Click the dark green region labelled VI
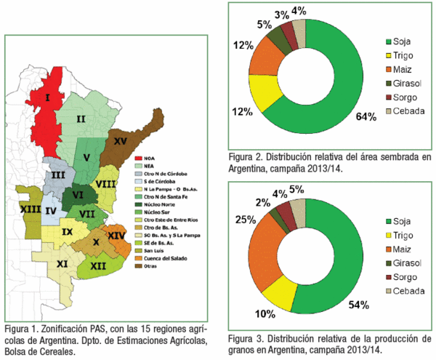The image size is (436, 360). click(75, 196)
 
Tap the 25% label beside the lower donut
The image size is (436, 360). click(241, 220)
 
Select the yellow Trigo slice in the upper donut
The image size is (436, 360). click(265, 91)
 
